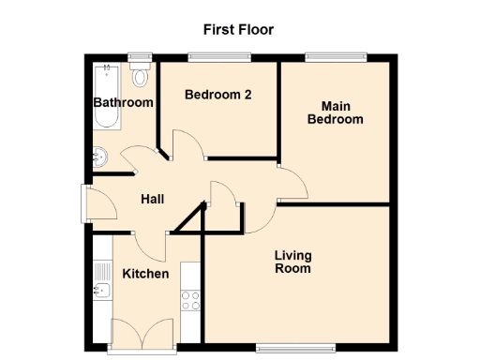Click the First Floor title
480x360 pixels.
click(239, 29)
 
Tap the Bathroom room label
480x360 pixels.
click(122, 102)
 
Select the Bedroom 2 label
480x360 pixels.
click(217, 95)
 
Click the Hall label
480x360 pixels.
click(152, 199)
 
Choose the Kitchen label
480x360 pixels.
click(145, 274)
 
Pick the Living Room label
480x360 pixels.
click(292, 262)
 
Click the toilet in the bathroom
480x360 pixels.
click(142, 75)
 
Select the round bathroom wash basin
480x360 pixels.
click(101, 157)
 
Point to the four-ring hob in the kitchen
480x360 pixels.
click(190, 300)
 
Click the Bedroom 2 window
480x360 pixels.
click(218, 57)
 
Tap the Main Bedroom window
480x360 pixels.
click(336, 57)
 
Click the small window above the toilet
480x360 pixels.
click(141, 57)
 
